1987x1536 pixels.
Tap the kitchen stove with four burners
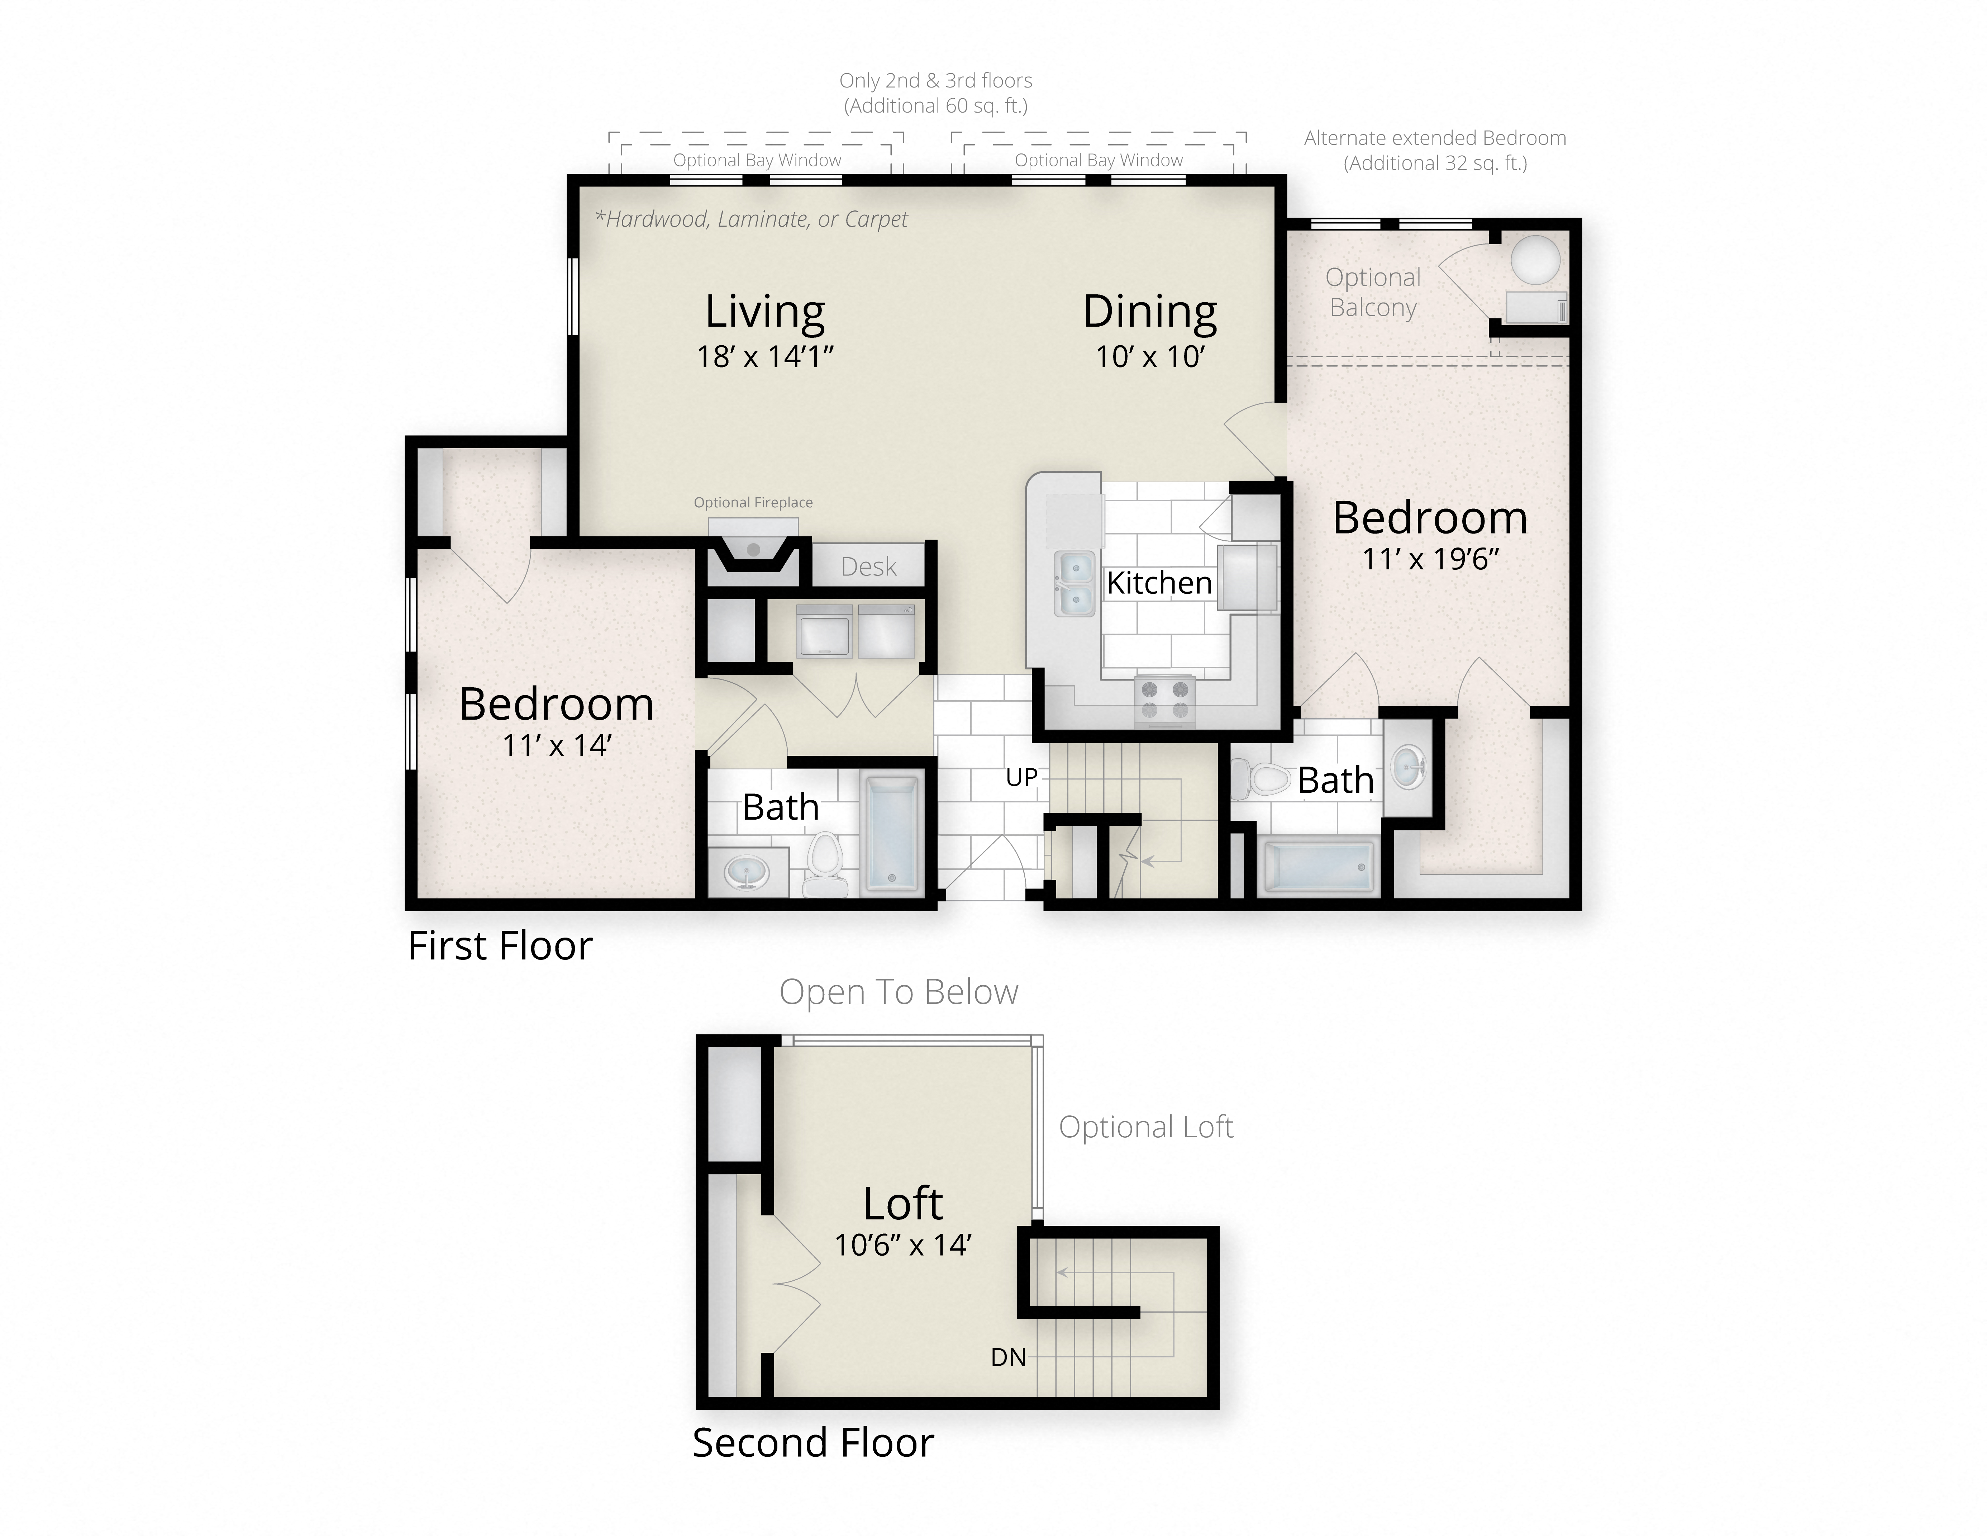1164,701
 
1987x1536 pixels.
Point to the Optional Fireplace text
752,502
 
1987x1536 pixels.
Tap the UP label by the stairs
1021,777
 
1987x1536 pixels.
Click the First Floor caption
500,945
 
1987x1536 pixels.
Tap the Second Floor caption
813,1442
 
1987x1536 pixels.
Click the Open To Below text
898,992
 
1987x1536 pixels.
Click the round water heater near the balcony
1535,259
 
